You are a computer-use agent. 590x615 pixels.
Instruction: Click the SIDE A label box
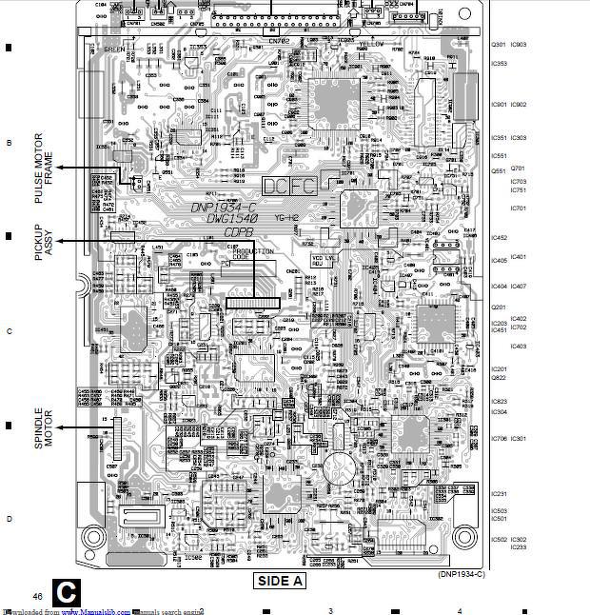[279, 580]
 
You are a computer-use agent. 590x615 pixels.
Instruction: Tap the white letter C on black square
[66, 592]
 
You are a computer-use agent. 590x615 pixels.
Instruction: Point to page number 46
[37, 595]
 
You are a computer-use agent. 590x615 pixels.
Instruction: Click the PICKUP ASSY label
[44, 244]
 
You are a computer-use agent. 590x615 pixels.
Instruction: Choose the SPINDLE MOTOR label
[44, 429]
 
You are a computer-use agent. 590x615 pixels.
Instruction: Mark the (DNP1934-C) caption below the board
[462, 574]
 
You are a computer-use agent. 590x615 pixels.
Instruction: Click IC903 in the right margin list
[519, 45]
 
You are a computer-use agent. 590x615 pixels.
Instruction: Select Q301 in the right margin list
[498, 45]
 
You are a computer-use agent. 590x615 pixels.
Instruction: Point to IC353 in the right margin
[499, 64]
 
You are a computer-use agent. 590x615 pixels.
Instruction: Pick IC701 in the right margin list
[519, 208]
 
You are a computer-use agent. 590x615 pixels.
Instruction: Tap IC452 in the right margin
[499, 238]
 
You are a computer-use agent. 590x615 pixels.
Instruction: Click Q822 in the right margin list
[498, 378]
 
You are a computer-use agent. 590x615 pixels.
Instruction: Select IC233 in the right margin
[519, 546]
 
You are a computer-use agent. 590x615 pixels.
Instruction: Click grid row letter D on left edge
[9, 519]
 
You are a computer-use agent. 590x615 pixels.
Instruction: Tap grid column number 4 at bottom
[459, 610]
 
